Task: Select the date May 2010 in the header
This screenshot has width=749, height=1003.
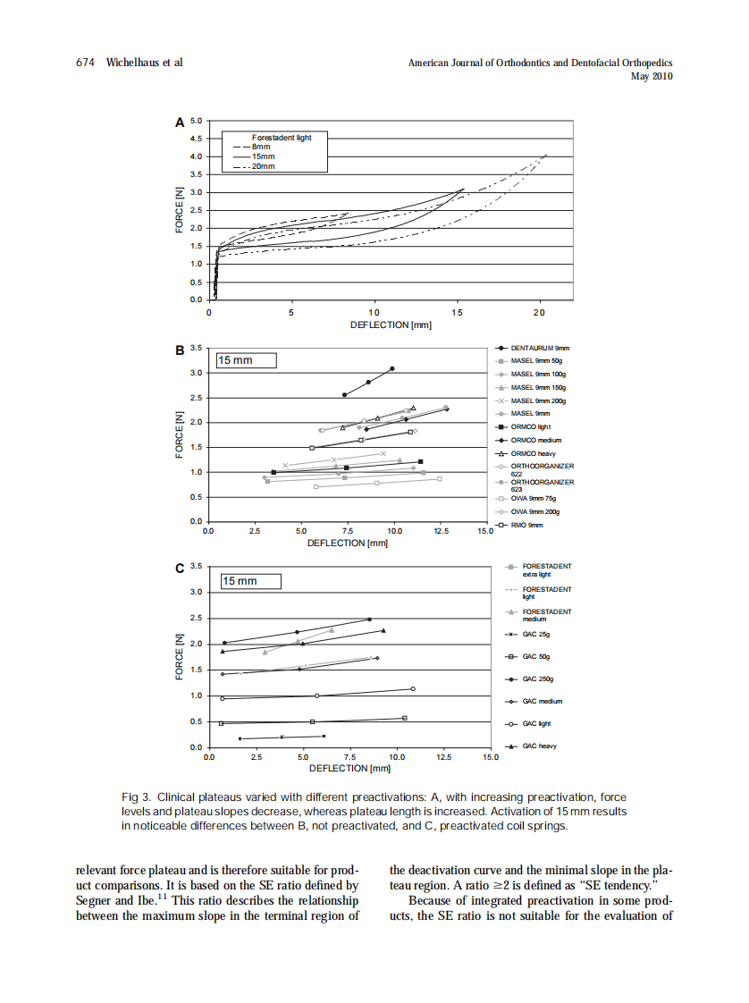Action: coord(652,77)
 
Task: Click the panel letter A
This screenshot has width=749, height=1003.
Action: coord(180,122)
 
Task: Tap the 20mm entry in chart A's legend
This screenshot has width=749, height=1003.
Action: coord(263,167)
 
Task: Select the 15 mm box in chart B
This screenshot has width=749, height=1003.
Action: coord(247,359)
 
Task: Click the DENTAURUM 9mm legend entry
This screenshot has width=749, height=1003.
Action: coord(540,348)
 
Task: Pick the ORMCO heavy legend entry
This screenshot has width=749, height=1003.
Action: coord(533,453)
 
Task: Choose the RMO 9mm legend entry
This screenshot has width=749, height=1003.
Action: coord(526,525)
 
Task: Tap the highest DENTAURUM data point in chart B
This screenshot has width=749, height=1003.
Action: coord(392,368)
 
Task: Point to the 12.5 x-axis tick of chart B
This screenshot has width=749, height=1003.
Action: coord(440,531)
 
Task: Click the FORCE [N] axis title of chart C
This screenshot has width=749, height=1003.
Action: coord(180,656)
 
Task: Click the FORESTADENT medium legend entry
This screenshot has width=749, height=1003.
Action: coord(546,615)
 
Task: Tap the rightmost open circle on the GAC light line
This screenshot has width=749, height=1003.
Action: coord(413,688)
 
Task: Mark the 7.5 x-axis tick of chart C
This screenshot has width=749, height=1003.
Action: coord(349,757)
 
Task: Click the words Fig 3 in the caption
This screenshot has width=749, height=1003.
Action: coord(134,796)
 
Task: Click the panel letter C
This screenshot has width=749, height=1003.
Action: coord(180,568)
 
